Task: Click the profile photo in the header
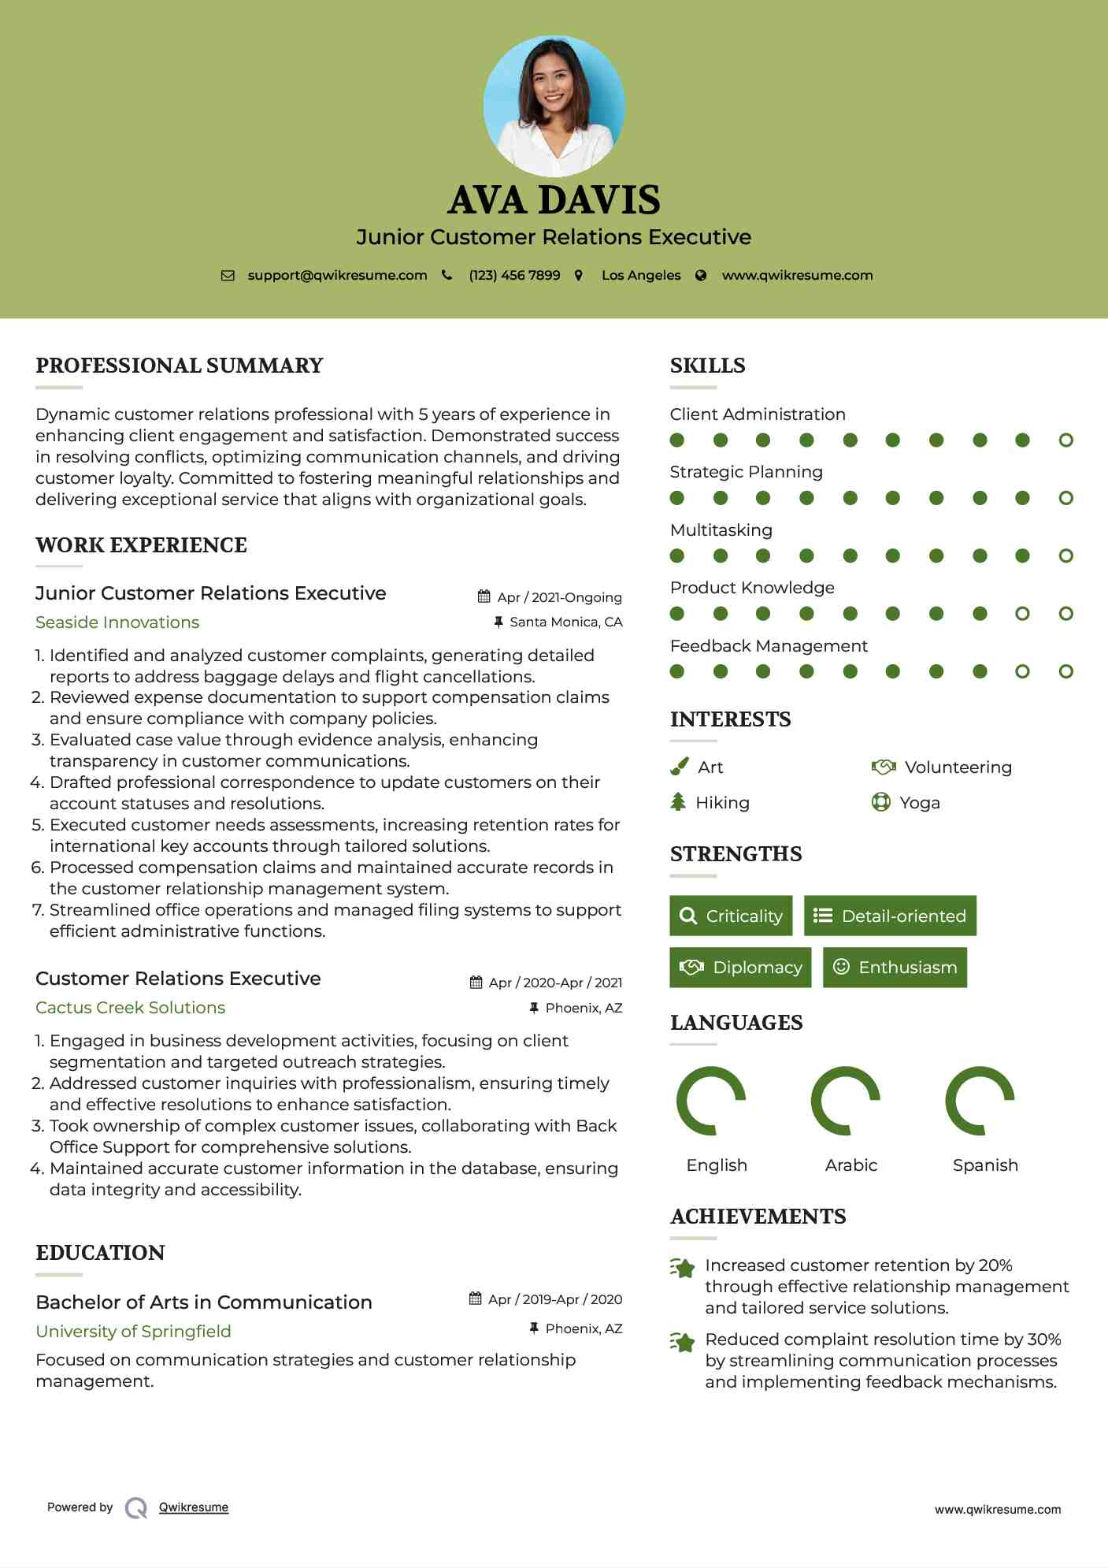[554, 106]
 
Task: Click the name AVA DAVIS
[554, 200]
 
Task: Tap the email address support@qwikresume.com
[337, 275]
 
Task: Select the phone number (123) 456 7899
[514, 275]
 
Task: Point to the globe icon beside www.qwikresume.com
[701, 275]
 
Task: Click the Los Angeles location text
[641, 275]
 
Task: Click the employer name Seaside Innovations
[117, 622]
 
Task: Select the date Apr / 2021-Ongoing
[559, 597]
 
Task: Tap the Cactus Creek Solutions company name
[130, 1007]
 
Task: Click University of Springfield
[133, 1331]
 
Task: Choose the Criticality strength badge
[731, 916]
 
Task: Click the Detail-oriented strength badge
[890, 916]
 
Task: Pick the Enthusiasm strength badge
[895, 967]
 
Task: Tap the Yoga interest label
[920, 802]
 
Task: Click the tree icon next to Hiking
[678, 802]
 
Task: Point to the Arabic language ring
[846, 1101]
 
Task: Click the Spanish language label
[985, 1165]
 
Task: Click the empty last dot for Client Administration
[1065, 440]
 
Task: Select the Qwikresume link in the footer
[194, 1507]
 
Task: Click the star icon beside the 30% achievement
[683, 1341]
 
